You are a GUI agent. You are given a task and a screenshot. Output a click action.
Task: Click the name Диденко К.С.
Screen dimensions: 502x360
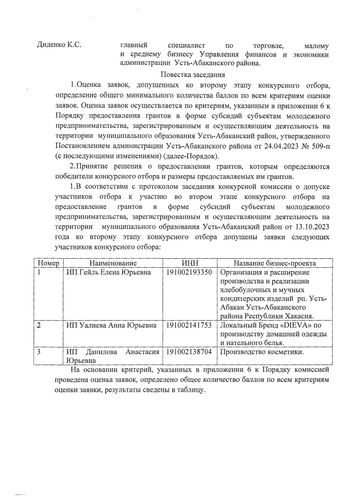[x=59, y=45]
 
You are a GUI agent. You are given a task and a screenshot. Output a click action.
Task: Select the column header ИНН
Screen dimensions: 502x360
[x=189, y=263]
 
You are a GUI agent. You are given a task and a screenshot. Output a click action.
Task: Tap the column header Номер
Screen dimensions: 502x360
[x=48, y=263]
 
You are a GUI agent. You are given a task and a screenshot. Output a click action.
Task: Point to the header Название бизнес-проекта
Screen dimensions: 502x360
[x=274, y=263]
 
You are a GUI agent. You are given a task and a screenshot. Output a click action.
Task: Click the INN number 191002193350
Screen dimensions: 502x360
[x=189, y=272]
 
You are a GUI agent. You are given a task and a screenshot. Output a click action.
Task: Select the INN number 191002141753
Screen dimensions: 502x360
[x=189, y=325]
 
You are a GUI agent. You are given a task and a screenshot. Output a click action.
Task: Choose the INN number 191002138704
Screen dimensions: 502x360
[x=189, y=351]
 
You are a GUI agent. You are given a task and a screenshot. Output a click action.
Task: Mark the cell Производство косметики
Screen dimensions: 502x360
[x=263, y=351]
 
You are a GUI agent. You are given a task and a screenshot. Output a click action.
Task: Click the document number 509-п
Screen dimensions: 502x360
[x=319, y=145]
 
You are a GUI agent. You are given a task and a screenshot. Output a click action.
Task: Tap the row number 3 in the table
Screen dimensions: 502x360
[x=40, y=351]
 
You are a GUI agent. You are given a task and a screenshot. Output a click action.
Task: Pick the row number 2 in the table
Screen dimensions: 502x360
[x=40, y=325]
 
